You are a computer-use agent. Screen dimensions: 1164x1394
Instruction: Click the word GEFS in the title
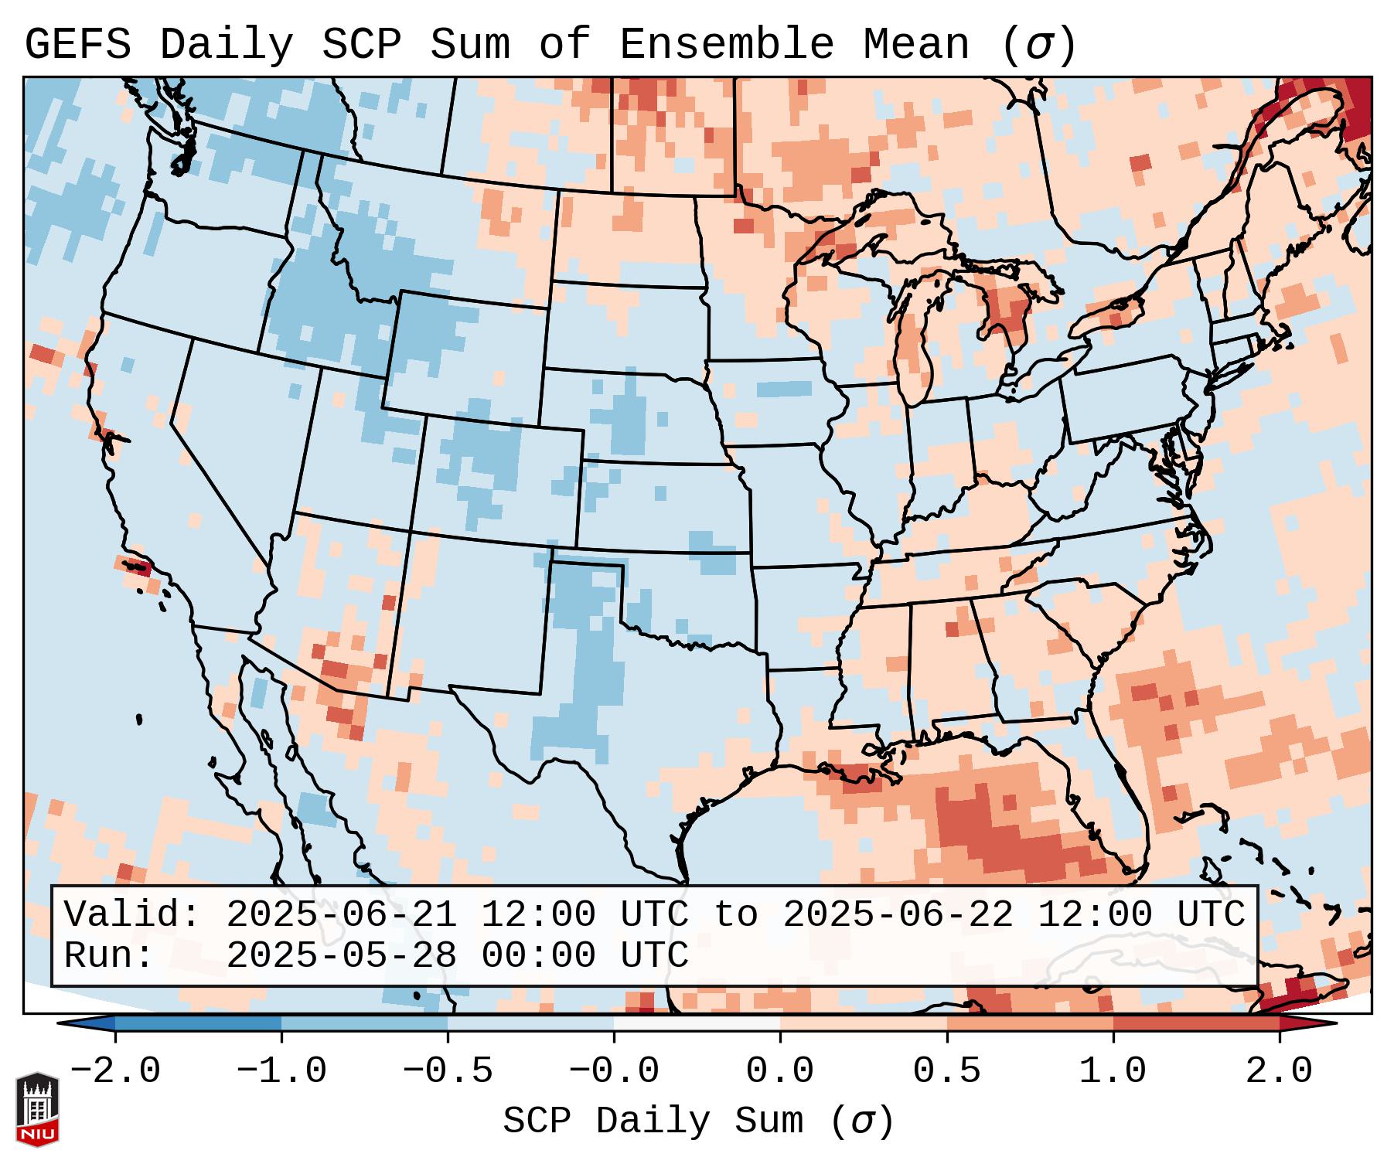point(77,45)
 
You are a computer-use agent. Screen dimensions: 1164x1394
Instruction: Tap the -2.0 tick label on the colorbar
point(115,1071)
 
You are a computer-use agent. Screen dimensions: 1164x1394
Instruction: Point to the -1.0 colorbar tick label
point(281,1071)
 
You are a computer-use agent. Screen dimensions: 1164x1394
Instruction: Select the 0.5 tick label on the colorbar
point(946,1071)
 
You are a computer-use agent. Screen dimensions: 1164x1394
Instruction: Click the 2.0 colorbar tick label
point(1279,1071)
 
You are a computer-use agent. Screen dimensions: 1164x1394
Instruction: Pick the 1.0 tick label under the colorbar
point(1113,1071)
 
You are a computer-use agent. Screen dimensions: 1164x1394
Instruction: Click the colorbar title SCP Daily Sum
point(653,1121)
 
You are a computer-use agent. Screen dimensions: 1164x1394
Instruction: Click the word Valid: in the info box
point(132,915)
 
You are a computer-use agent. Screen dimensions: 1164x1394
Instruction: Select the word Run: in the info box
point(109,956)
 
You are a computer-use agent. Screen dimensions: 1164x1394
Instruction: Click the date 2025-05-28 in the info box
point(342,956)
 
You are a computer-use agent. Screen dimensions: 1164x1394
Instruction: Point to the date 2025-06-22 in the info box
point(898,915)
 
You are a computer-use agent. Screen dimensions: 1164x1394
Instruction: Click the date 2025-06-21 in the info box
point(342,915)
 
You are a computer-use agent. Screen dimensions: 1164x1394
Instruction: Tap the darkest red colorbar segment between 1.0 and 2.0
point(1196,1023)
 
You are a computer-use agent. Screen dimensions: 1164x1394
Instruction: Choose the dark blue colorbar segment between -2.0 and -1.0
point(198,1023)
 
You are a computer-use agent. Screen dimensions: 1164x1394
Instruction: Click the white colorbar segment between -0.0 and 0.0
point(697,1023)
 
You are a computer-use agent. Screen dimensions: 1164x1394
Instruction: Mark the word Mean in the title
point(916,45)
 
